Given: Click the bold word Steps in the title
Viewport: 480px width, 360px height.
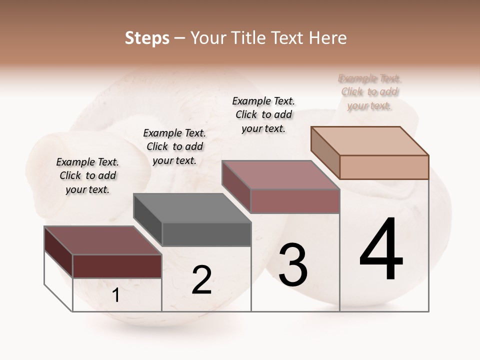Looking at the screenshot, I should pos(147,38).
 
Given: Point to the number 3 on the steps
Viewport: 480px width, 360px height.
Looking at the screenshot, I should pos(293,265).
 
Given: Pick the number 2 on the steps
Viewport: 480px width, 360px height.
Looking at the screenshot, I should pos(201,280).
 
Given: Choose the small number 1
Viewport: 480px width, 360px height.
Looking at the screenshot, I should pos(116,295).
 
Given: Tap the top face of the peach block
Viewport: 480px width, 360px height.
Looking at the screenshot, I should pos(370,140).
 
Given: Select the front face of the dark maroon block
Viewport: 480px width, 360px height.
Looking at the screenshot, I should pos(117,266).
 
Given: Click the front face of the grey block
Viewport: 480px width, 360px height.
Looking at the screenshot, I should pos(206,234).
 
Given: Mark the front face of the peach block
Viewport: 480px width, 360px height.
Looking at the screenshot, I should pos(384,167).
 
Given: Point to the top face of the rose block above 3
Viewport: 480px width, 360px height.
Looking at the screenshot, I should pos(280,174).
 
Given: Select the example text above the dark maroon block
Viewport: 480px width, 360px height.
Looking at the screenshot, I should pos(87,175).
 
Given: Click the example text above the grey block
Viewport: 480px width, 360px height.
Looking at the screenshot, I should pos(174,146).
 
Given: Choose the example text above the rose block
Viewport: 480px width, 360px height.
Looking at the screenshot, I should pos(263,114).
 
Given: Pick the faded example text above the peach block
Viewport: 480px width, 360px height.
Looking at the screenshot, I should pos(369,92).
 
